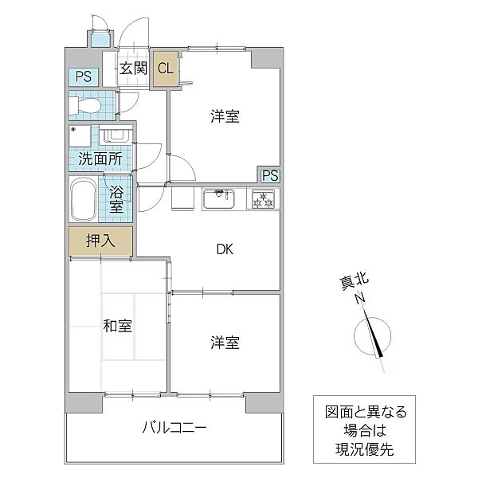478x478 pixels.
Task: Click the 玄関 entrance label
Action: click(134, 69)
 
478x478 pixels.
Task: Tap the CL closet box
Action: click(166, 69)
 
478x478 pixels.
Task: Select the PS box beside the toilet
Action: click(83, 77)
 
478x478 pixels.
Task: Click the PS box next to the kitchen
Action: click(269, 176)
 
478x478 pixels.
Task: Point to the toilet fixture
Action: click(87, 105)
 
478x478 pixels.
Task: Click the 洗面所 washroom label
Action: click(100, 159)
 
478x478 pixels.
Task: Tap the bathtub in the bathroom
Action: click(83, 202)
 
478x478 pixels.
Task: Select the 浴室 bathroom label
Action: click(116, 201)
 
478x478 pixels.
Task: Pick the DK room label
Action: click(225, 249)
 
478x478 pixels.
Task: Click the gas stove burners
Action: click(263, 199)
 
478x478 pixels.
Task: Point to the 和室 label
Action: click(117, 326)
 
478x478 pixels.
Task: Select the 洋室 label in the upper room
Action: click(225, 116)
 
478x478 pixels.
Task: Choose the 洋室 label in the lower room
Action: click(225, 343)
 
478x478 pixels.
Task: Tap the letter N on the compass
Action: click(361, 299)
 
